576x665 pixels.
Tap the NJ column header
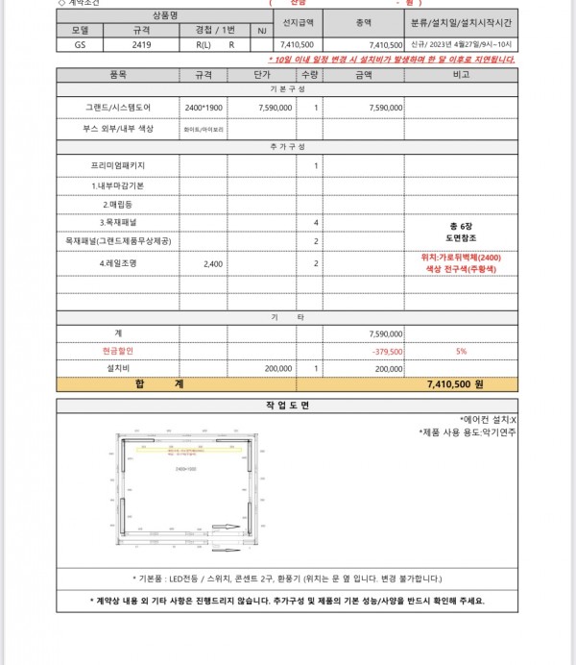point(261,31)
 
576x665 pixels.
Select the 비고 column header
point(461,74)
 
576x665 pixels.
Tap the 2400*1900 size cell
point(203,108)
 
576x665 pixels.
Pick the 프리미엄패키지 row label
point(117,166)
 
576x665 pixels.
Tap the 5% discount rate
point(461,351)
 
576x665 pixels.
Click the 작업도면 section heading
point(288,405)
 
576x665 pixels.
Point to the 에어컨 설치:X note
point(489,420)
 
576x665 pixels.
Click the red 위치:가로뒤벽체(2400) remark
point(461,257)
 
